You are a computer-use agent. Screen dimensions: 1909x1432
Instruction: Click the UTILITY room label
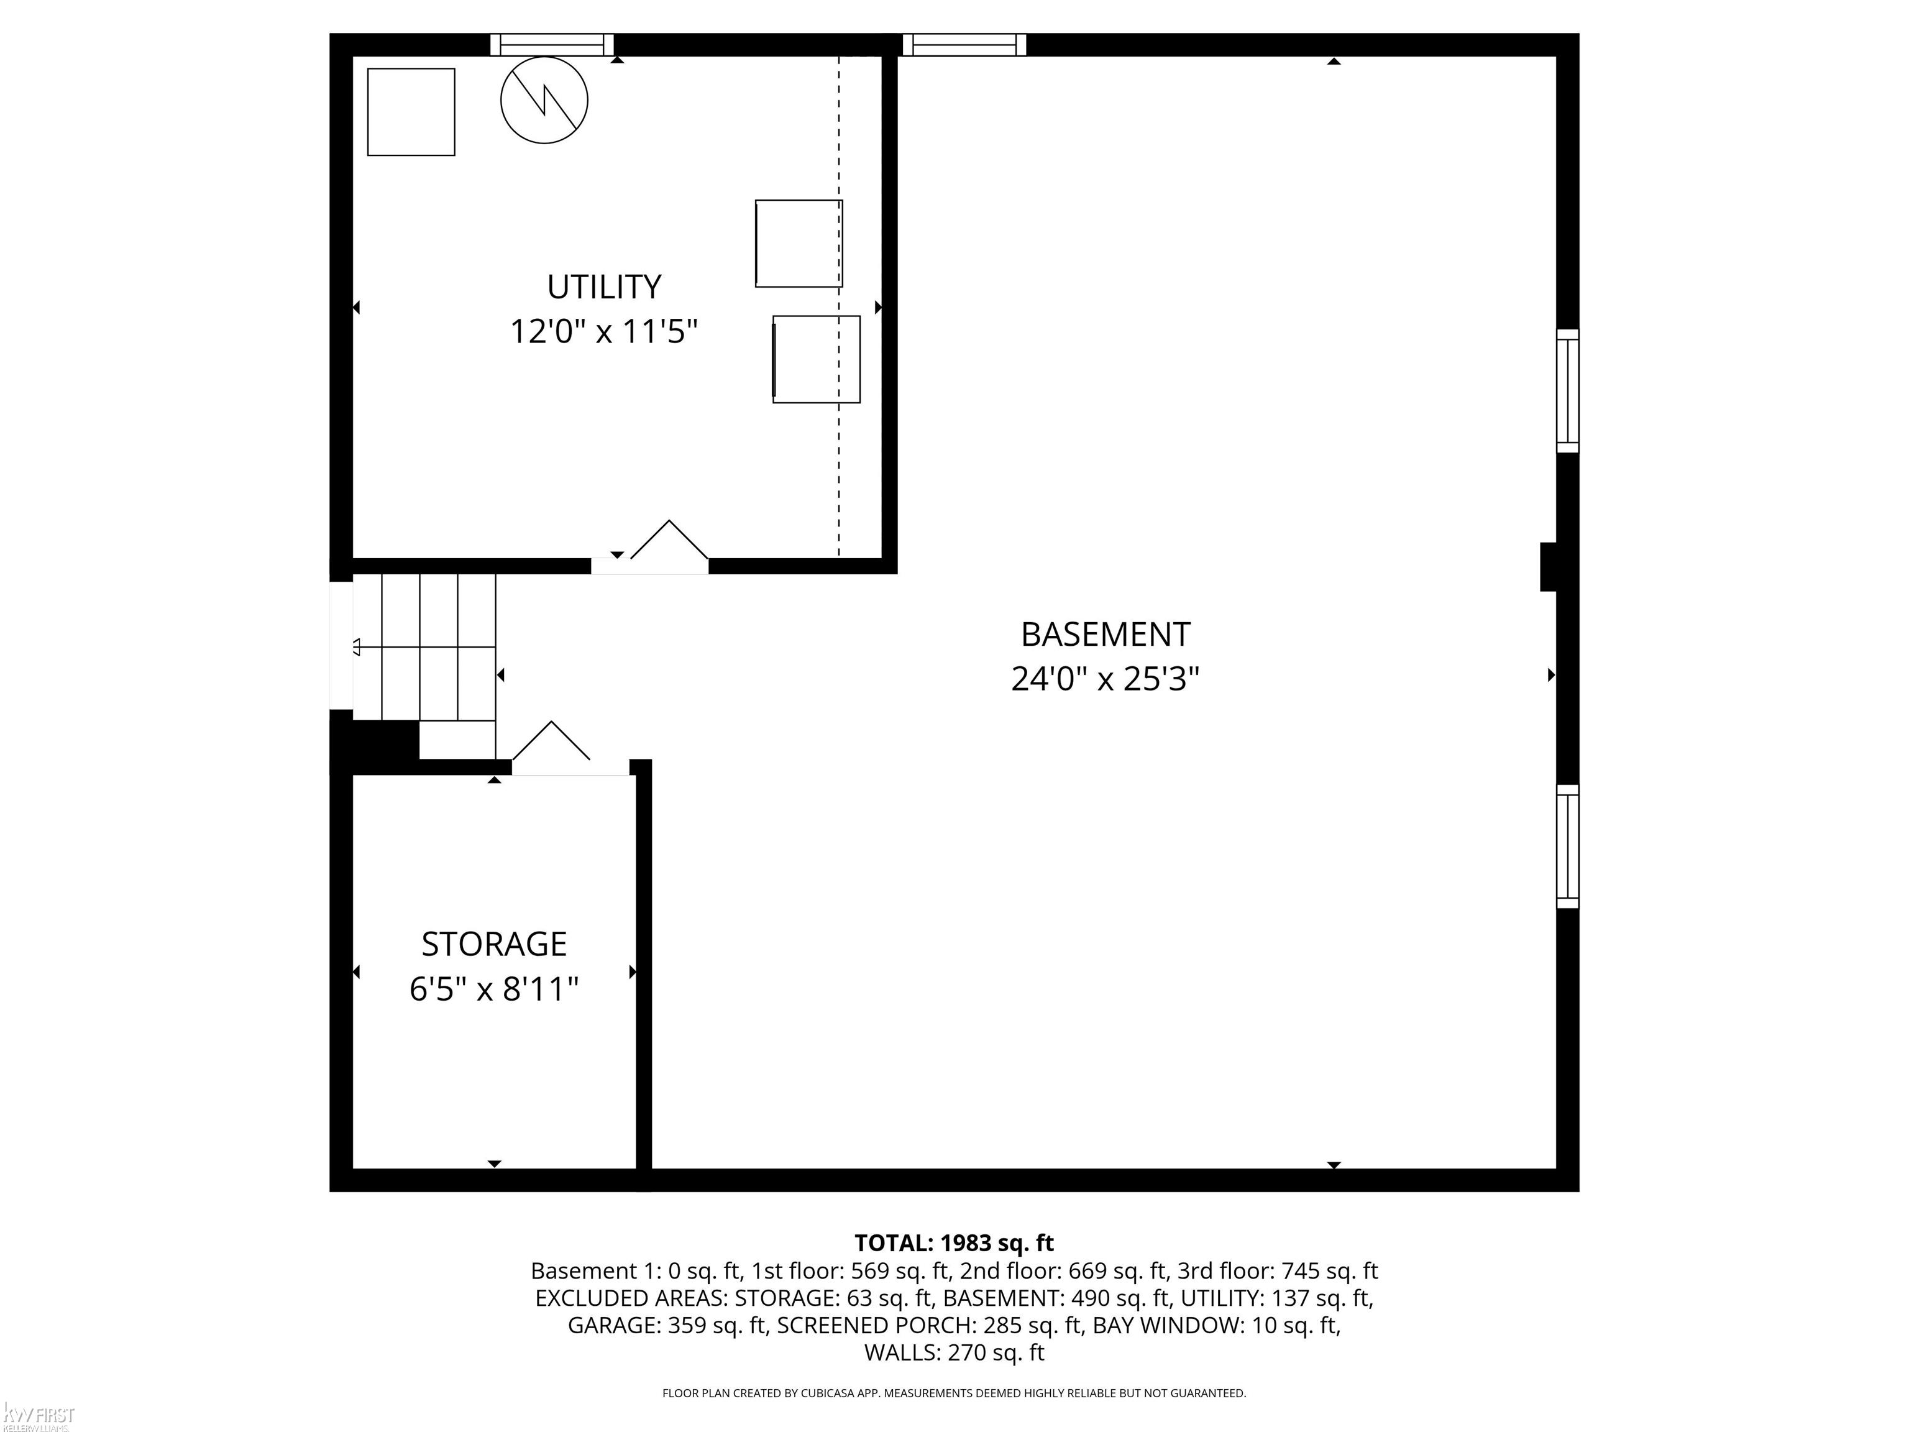coord(604,287)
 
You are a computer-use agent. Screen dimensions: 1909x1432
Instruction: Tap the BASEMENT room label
coord(1106,635)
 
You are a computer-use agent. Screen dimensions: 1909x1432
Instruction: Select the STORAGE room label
coord(493,944)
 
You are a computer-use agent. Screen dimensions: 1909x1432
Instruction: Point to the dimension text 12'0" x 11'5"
coord(604,331)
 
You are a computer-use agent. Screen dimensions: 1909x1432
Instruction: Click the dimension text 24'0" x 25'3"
coord(1106,679)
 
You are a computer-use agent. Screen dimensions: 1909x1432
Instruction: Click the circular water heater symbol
coord(544,100)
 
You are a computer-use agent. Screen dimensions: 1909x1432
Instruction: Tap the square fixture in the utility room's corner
coord(411,112)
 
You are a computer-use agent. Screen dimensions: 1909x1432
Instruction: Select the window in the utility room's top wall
coord(552,45)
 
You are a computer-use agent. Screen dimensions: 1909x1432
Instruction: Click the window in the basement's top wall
coord(964,45)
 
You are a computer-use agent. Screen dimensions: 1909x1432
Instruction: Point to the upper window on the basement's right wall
coord(1568,391)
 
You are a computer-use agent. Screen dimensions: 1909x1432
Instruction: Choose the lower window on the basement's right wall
coord(1568,847)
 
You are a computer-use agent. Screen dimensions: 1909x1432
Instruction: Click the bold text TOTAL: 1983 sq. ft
coord(954,1243)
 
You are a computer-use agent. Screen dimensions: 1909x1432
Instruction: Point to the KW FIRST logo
coord(38,1416)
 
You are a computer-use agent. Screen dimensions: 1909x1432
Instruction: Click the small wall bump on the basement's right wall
coord(1549,567)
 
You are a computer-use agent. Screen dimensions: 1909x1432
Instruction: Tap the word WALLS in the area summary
coord(902,1352)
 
